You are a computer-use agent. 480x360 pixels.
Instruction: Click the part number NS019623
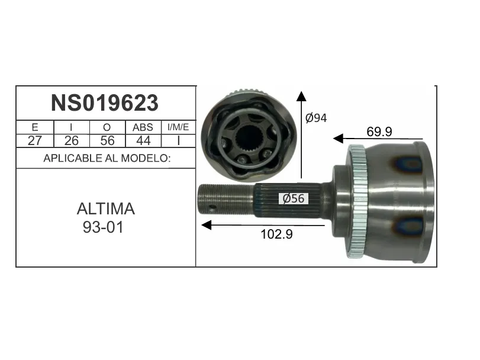pos(105,103)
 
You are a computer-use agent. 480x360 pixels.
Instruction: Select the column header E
pos(34,127)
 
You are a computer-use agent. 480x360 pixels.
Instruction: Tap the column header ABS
pos(143,127)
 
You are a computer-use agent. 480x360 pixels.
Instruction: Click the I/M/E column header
pos(178,127)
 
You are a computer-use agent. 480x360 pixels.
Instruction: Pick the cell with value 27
pos(34,141)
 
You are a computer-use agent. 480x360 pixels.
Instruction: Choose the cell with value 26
pos(72,141)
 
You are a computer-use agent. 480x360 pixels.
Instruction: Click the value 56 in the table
pos(107,141)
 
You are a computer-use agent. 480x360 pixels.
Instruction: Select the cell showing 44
pos(143,141)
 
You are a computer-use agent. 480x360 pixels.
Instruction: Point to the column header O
pos(107,127)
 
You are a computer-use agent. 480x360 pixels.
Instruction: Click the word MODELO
pos(146,158)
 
